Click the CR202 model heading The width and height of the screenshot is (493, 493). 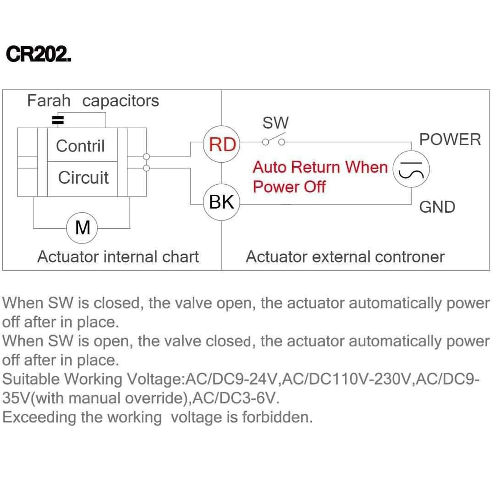[39, 54]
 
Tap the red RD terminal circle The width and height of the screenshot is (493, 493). [222, 144]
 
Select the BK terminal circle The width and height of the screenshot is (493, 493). [222, 202]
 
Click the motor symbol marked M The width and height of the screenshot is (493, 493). [82, 228]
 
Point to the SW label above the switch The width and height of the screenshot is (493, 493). [275, 123]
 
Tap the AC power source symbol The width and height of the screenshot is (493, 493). [411, 169]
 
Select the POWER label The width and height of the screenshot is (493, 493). [450, 140]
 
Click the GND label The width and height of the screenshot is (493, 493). [437, 207]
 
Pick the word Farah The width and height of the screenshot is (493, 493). [49, 101]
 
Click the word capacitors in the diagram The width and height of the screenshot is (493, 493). [120, 101]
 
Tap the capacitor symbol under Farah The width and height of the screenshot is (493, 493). [58, 120]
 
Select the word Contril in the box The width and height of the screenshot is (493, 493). [80, 146]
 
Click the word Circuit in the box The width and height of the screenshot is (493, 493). [83, 177]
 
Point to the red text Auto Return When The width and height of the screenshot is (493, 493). [320, 167]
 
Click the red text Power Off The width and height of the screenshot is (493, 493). [289, 187]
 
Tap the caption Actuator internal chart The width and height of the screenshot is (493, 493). [118, 257]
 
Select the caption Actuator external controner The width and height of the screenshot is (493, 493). [345, 257]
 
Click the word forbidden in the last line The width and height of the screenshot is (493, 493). [277, 417]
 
